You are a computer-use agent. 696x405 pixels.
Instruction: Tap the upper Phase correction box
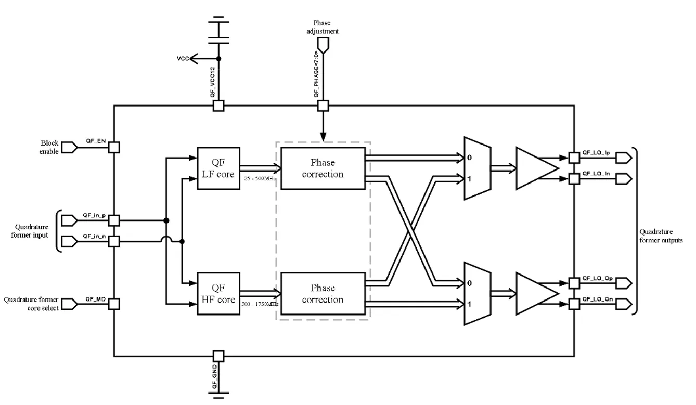click(323, 168)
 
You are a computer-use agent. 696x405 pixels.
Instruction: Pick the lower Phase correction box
click(323, 294)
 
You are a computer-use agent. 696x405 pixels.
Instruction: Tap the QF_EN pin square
click(114, 148)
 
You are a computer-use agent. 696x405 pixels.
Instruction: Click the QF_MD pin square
click(114, 304)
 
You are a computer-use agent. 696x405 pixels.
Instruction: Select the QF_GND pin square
click(218, 356)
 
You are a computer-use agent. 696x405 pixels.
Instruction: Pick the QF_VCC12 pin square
click(218, 106)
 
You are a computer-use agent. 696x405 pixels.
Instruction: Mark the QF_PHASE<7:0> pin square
click(323, 106)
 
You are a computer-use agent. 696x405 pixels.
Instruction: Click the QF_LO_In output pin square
click(574, 179)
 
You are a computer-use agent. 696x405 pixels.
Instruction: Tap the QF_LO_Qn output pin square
click(574, 304)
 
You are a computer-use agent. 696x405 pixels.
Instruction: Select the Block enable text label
click(49, 148)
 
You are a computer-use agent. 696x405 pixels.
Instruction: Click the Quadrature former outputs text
click(661, 236)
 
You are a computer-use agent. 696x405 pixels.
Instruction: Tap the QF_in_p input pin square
click(114, 220)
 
